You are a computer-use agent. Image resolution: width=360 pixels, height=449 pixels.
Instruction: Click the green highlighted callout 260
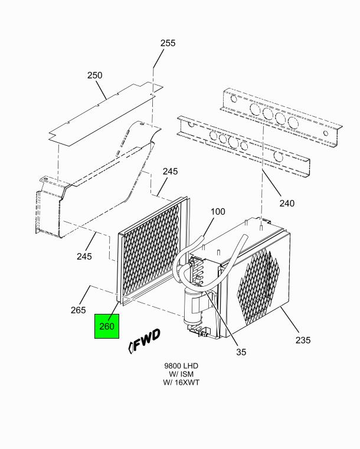point(107,326)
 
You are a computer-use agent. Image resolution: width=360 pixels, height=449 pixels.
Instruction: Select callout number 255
point(168,43)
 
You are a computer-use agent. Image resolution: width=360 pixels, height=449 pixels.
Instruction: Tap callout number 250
point(94,76)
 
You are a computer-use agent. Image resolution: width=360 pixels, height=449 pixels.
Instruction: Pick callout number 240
point(287,204)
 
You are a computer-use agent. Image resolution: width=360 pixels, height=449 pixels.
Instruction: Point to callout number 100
point(218,212)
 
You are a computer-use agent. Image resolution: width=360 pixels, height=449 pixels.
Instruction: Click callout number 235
point(303,340)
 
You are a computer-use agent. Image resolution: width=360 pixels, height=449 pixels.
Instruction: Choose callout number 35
point(241,352)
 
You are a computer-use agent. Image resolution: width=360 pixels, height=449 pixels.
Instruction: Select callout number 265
point(78,310)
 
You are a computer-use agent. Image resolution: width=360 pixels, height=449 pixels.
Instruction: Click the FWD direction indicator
point(144,342)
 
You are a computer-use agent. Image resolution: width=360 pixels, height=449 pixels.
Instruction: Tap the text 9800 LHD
point(181,366)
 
